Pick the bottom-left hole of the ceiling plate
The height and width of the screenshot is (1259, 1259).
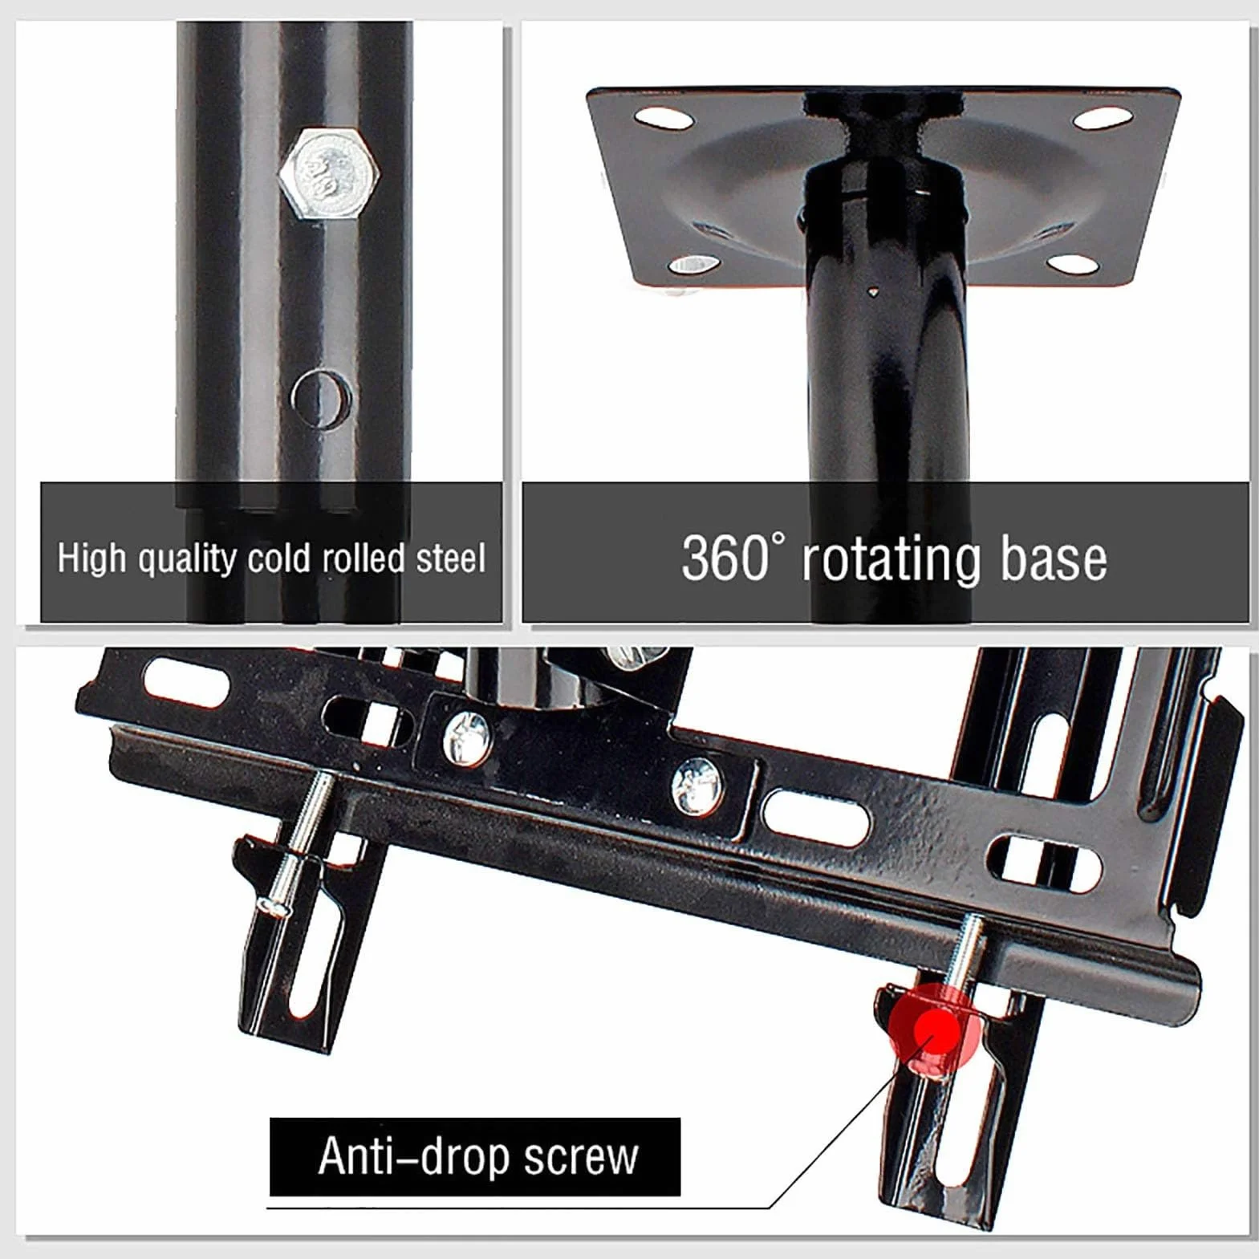tap(693, 264)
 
